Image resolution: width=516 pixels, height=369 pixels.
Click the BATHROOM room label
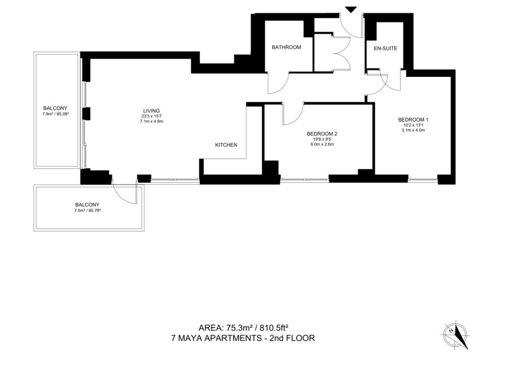[x=286, y=47]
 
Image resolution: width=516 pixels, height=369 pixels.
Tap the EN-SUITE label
[x=385, y=48]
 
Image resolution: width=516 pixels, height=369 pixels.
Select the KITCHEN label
[x=226, y=145]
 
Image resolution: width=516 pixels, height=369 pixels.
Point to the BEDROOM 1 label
[x=413, y=119]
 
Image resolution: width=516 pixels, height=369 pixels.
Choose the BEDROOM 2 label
[x=322, y=134]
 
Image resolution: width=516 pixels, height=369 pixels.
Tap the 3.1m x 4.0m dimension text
[x=413, y=130]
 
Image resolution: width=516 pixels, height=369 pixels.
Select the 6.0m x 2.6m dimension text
[x=322, y=144]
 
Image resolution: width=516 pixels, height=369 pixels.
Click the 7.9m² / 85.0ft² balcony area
[x=56, y=113]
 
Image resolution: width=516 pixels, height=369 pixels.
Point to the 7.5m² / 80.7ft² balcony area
[x=87, y=210]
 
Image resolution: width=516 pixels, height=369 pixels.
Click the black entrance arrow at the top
[x=351, y=9]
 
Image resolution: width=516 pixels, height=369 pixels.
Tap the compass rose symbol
[x=455, y=334]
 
